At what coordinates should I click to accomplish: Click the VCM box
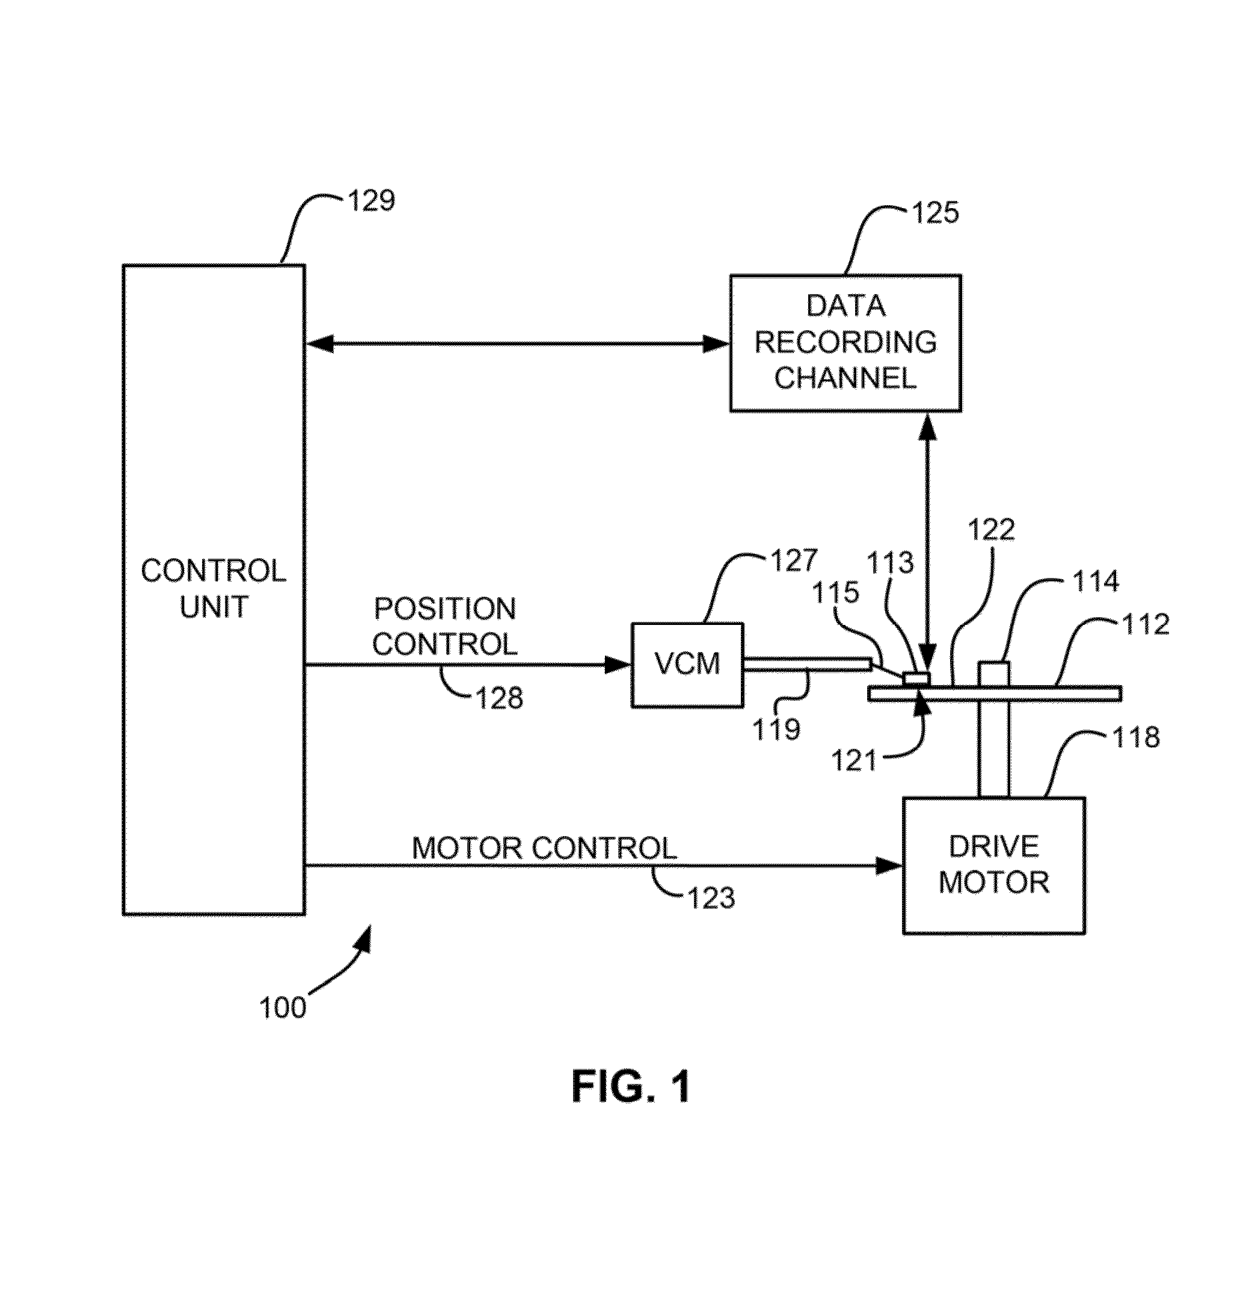pyautogui.click(x=687, y=665)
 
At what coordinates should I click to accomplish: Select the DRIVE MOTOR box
pyautogui.click(x=993, y=865)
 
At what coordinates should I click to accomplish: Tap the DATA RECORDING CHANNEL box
pyautogui.click(x=845, y=343)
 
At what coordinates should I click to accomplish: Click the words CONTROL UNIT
pyautogui.click(x=213, y=589)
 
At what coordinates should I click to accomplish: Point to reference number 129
pyautogui.click(x=372, y=201)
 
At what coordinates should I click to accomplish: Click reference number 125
pyautogui.click(x=935, y=213)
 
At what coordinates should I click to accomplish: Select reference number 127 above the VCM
pyautogui.click(x=794, y=561)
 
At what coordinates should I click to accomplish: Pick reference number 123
pyautogui.click(x=711, y=898)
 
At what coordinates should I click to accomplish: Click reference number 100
pyautogui.click(x=283, y=1008)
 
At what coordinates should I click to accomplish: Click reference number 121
pyautogui.click(x=854, y=761)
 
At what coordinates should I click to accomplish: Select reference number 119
pyautogui.click(x=776, y=729)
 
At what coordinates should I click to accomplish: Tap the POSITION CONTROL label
pyautogui.click(x=445, y=626)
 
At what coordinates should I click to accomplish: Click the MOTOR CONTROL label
pyautogui.click(x=544, y=848)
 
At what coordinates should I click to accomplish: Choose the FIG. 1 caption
pyautogui.click(x=631, y=1086)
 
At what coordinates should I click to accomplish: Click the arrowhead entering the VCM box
pyautogui.click(x=619, y=665)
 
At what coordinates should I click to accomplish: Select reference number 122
pyautogui.click(x=991, y=529)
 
